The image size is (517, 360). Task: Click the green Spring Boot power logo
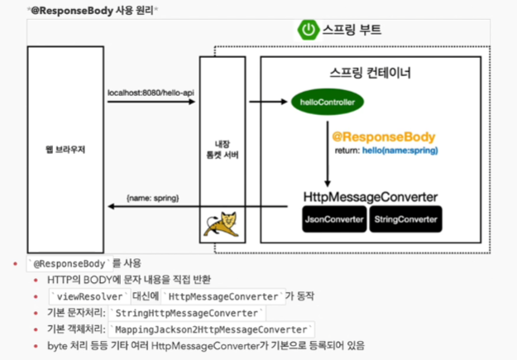309,30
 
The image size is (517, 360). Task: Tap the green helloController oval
327,103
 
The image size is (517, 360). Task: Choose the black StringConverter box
406,219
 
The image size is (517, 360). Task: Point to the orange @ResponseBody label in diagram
383,137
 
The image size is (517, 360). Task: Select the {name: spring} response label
152,199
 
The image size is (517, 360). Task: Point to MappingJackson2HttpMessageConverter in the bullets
211,329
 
